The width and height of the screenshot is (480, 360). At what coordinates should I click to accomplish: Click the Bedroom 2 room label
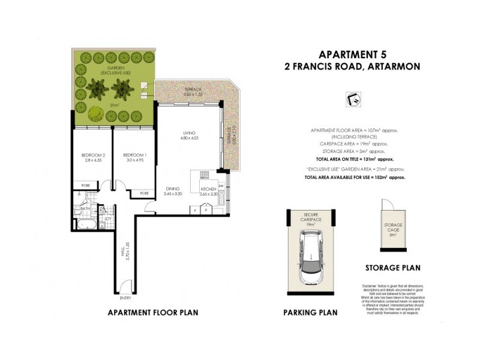tap(93, 155)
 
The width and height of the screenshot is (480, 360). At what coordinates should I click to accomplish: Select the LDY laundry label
tap(106, 218)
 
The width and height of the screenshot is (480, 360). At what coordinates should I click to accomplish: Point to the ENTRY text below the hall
tap(125, 297)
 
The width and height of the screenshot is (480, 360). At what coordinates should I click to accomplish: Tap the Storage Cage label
tap(394, 227)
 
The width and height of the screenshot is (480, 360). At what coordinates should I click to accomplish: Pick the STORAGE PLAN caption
tap(394, 268)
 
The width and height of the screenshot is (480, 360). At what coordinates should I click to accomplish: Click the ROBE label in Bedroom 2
tap(86, 186)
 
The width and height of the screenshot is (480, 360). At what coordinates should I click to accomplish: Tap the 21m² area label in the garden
tap(113, 105)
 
